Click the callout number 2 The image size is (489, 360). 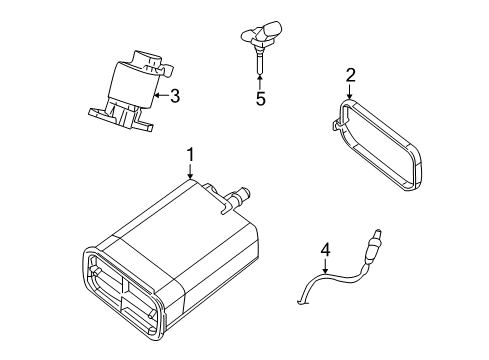pyautogui.click(x=350, y=74)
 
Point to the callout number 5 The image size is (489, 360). pyautogui.click(x=261, y=99)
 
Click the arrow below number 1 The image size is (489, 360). pyautogui.click(x=190, y=172)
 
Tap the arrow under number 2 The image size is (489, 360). pyautogui.click(x=350, y=92)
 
